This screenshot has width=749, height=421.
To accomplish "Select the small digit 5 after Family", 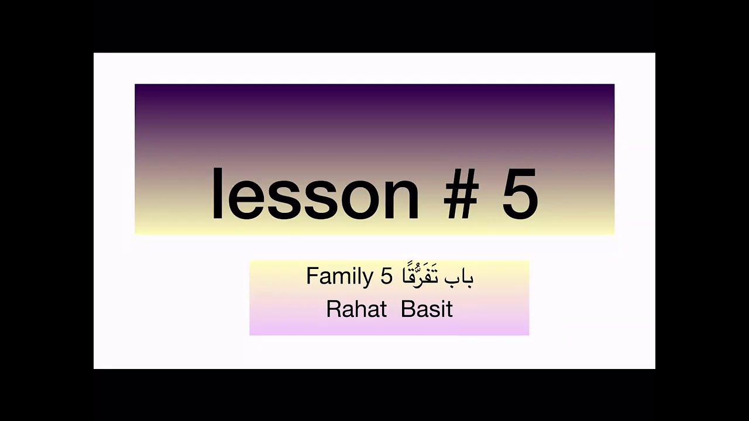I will [x=386, y=276].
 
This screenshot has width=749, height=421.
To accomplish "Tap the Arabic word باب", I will [x=459, y=278].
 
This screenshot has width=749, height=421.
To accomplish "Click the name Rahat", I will [x=356, y=309].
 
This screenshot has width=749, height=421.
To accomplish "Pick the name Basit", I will [x=427, y=309].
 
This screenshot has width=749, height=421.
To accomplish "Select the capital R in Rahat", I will [x=332, y=309].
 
